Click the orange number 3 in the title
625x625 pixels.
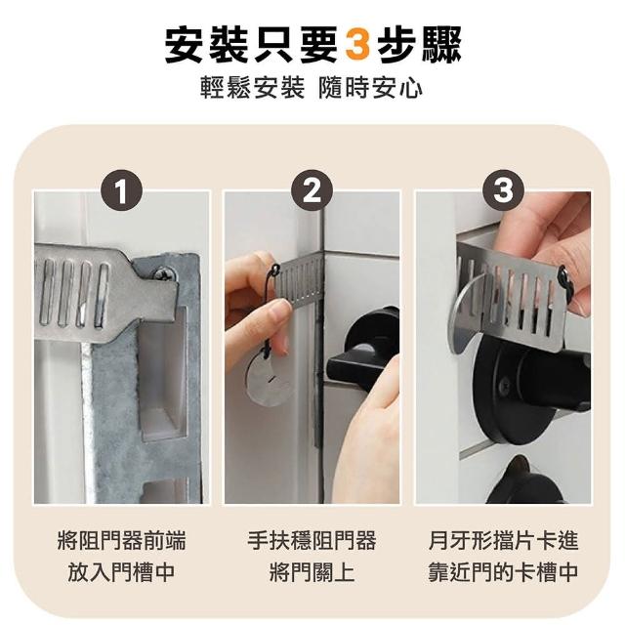tap(357, 45)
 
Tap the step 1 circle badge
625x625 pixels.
tap(121, 191)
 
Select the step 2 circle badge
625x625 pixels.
tap(312, 190)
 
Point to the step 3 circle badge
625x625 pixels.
tap(504, 190)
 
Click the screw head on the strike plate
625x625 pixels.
tap(163, 273)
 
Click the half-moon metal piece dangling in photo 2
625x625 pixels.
tap(268, 382)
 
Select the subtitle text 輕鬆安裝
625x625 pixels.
tap(252, 88)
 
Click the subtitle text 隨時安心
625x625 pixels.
tap(370, 88)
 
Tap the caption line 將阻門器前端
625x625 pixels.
tap(121, 541)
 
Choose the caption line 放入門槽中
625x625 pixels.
tap(121, 572)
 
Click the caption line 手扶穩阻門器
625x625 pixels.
tap(312, 541)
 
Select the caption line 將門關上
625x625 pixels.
tap(312, 572)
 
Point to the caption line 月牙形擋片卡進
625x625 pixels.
tap(504, 541)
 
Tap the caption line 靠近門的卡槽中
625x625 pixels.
tap(504, 572)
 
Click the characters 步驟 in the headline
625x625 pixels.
tap(419, 45)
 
